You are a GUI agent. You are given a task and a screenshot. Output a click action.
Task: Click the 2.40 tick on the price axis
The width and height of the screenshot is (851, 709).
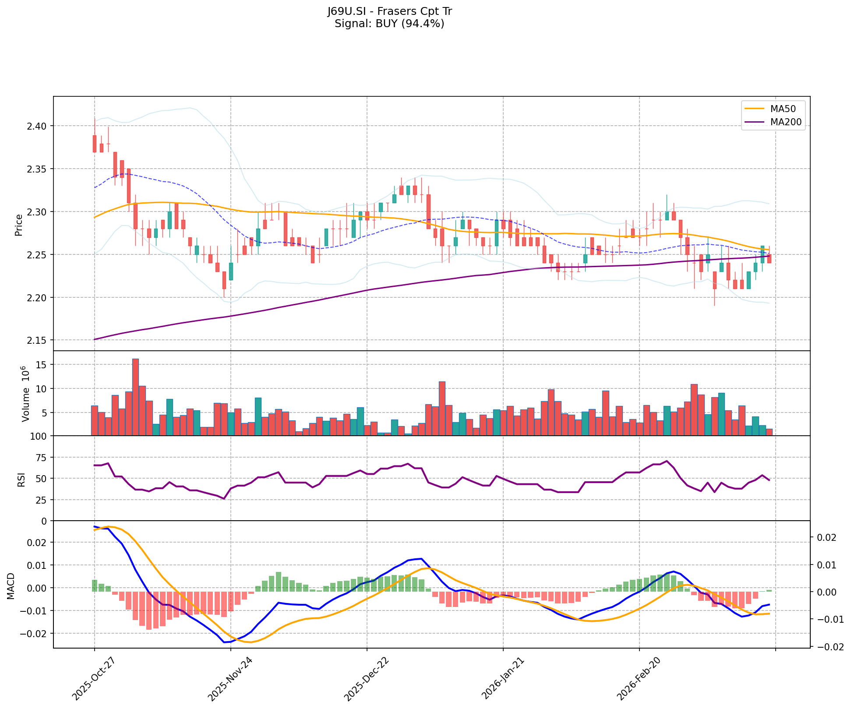pos(40,126)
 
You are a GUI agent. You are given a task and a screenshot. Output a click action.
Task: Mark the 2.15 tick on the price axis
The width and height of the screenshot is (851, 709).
pos(40,340)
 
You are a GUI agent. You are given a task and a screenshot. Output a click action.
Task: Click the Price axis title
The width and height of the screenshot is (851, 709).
pos(18,225)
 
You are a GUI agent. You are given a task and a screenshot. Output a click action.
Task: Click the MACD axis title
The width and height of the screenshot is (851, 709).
pos(11,586)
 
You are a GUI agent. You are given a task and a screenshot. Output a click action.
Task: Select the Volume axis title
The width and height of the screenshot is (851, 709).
pos(25,394)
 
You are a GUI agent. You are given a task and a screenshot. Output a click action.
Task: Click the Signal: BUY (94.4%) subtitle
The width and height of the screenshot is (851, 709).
pos(389,24)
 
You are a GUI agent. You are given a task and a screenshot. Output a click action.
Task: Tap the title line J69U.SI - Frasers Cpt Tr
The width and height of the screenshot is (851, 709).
pos(389,11)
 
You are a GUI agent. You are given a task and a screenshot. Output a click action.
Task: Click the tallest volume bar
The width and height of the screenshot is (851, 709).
pos(135,397)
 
